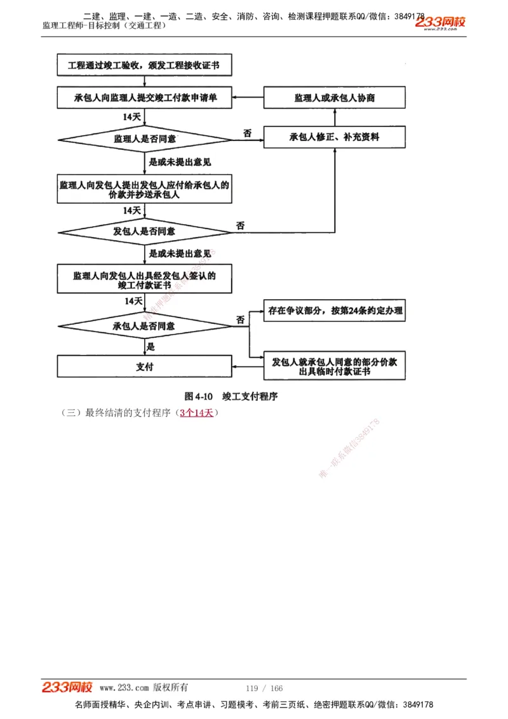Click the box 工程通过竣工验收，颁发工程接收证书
(145, 65)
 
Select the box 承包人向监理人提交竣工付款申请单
(145, 98)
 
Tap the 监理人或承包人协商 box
(334, 98)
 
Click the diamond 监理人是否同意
(145, 138)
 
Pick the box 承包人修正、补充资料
(334, 137)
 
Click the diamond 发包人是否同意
(145, 231)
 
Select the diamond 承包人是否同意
(145, 326)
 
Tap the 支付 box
(145, 366)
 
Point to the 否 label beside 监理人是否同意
(247, 132)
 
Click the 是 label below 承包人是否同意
(151, 347)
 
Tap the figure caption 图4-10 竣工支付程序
(231, 396)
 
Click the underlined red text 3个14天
(196, 413)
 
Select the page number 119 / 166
(264, 689)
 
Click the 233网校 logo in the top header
(440, 23)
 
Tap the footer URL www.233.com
(124, 688)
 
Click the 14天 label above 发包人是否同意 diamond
(132, 210)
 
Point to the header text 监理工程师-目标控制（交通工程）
(105, 25)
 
